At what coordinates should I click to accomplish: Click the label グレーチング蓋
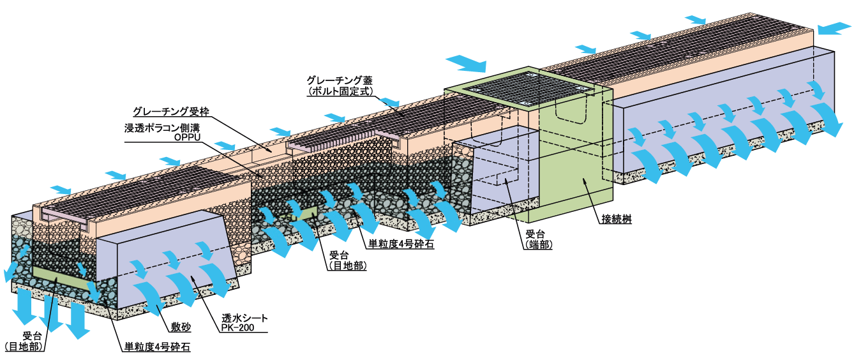click(339, 80)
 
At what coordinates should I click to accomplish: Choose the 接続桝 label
click(616, 219)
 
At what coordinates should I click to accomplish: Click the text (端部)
click(538, 244)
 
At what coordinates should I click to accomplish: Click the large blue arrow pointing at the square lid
click(466, 63)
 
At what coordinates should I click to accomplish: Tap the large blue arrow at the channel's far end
click(834, 27)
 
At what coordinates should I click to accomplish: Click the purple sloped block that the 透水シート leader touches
click(172, 262)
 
